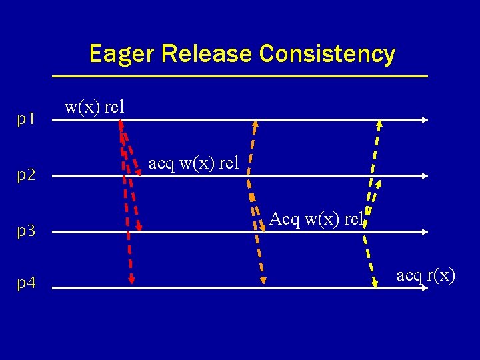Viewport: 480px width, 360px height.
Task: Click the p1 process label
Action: coord(26,119)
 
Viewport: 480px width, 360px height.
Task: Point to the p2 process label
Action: coord(26,175)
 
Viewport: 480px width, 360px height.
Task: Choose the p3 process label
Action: coord(26,231)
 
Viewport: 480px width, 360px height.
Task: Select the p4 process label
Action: coord(26,283)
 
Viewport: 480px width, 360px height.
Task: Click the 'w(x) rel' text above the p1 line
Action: coord(94,107)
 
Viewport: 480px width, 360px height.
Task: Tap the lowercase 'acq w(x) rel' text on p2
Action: coord(193,163)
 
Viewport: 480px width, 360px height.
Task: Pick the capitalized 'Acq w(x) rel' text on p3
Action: coord(316,219)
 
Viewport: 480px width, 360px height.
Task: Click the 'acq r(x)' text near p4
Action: coord(425,274)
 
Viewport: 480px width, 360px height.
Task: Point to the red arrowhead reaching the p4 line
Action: coord(132,280)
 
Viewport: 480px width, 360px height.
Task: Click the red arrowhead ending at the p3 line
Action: coord(139,226)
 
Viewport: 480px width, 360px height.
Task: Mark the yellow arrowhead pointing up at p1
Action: coord(379,125)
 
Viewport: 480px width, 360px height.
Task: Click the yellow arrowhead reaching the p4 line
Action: coord(373,281)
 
